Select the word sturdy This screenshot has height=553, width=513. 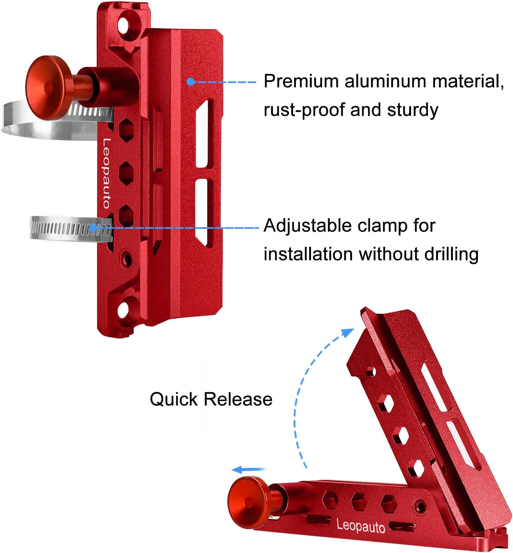point(413,110)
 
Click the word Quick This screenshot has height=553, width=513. point(173,399)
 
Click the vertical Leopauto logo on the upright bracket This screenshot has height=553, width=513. point(107,173)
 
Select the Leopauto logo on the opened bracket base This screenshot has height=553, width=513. point(361,525)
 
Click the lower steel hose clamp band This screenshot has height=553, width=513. point(63,228)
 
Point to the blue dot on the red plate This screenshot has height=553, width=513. point(191,82)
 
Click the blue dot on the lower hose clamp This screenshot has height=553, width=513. point(93,227)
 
